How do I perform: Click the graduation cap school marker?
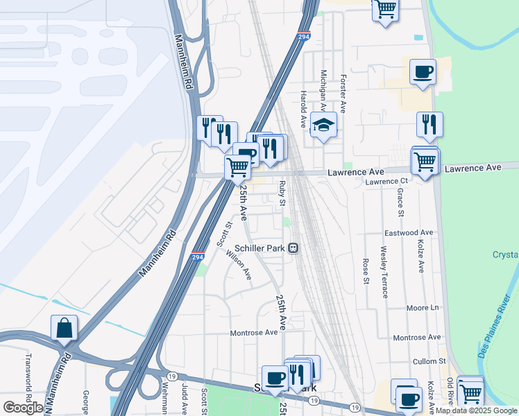click(x=323, y=125)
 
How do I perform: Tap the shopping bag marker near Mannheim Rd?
click(x=64, y=329)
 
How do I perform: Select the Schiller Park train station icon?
click(x=294, y=248)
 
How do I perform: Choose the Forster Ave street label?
click(x=342, y=95)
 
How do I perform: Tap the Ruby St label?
click(x=282, y=193)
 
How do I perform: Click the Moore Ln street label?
click(x=424, y=306)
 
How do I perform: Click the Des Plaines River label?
click(x=494, y=326)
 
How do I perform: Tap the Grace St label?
click(x=400, y=201)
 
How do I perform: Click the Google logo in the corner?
click(x=23, y=408)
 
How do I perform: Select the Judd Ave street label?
click(x=185, y=399)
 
